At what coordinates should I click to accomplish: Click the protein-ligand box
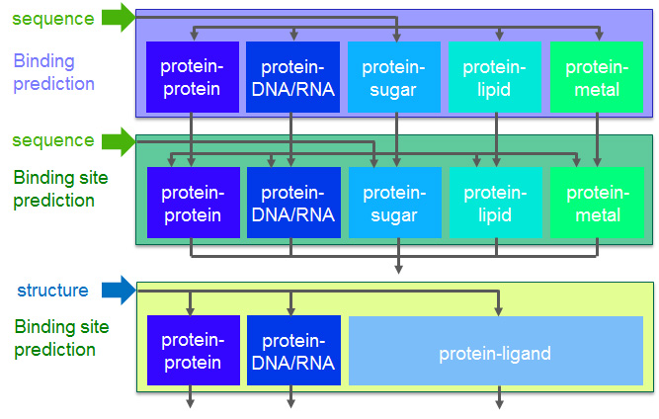point(496,351)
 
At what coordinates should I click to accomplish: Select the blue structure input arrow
point(119,290)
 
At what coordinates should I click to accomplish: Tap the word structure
point(52,291)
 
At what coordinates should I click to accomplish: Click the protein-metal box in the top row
point(597,77)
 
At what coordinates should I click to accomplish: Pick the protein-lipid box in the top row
point(495,77)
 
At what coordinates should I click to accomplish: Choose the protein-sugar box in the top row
point(394,77)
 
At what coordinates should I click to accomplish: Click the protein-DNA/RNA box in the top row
point(292,77)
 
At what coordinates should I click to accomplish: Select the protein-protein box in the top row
point(193,77)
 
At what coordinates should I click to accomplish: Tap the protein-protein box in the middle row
point(194,203)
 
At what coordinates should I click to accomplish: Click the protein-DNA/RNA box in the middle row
point(293,203)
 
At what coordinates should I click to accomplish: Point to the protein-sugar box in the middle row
point(395,203)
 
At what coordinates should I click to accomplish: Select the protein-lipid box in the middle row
point(496,203)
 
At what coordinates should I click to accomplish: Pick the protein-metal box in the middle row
point(597,203)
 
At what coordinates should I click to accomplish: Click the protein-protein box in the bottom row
point(194,351)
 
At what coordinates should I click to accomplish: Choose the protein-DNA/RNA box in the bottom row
point(293,351)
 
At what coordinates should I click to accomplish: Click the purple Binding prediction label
point(53,72)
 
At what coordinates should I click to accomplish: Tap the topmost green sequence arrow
point(119,17)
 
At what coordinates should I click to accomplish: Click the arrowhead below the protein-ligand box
point(499,403)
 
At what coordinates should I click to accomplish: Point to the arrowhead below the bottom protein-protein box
point(190,403)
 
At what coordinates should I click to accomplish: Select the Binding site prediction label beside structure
point(61,338)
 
